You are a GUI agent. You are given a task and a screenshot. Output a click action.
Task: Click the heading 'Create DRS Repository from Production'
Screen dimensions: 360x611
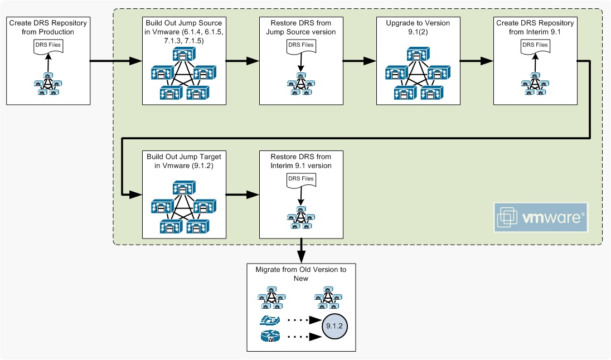[x=47, y=27]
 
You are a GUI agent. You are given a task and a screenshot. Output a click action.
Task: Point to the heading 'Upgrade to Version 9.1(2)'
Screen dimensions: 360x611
[x=418, y=27]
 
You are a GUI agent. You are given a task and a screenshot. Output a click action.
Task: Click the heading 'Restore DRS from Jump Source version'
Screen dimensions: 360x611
[x=301, y=27]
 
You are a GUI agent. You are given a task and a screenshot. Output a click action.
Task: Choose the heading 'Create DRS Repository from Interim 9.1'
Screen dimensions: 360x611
[x=535, y=27]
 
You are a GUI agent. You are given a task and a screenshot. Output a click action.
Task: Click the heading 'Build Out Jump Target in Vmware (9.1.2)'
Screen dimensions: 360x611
[x=184, y=161]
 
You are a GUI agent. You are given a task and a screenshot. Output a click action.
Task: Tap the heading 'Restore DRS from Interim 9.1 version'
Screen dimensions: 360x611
[x=301, y=161]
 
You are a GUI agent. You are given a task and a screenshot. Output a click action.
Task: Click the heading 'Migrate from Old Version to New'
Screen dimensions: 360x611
[x=301, y=274]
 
